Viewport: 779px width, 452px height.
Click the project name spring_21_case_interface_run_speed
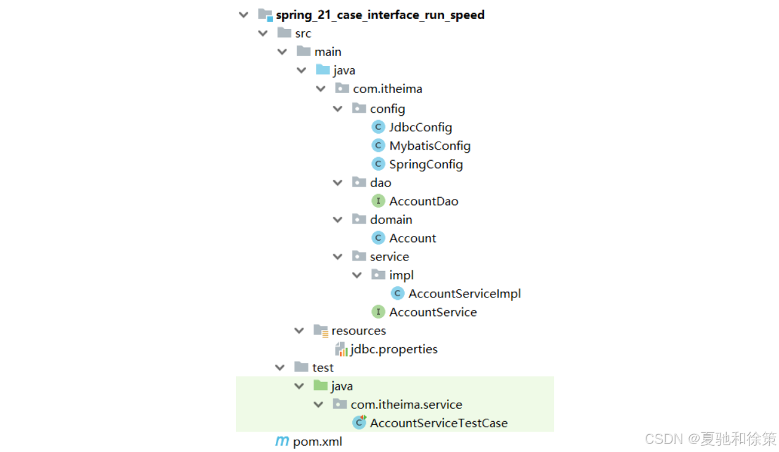[x=379, y=15]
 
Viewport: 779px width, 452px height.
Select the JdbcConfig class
[x=420, y=127]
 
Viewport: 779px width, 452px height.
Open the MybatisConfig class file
[x=429, y=146]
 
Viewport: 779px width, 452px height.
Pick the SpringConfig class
[x=426, y=164]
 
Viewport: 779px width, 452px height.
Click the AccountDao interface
[x=423, y=201]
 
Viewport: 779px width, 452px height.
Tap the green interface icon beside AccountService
[x=378, y=312]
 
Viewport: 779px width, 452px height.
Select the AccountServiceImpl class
[x=464, y=294]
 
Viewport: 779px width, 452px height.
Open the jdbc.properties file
[x=394, y=349]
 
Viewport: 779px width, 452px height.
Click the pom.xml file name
[x=317, y=442]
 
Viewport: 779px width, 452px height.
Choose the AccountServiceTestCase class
[x=438, y=423]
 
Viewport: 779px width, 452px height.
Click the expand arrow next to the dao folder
[x=337, y=183]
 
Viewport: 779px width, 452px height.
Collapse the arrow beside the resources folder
[x=299, y=331]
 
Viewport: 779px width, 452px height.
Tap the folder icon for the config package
[x=359, y=108]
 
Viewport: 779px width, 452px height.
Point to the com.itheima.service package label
[x=406, y=405]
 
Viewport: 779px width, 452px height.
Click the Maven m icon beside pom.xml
[x=281, y=441]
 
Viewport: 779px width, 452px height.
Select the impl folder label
[x=401, y=275]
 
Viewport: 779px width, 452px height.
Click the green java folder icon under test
[x=320, y=385]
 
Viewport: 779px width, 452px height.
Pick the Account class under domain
[x=412, y=238]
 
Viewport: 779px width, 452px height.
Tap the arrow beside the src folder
[x=264, y=33]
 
